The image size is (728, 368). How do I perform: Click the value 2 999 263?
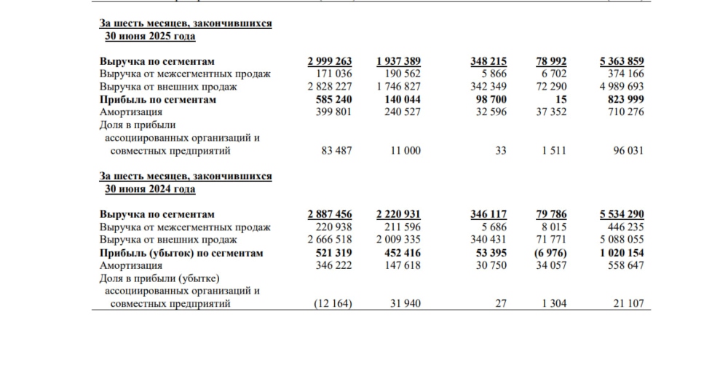(x=330, y=61)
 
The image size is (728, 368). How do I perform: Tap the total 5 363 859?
(x=621, y=61)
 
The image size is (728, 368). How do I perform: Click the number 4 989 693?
(x=621, y=87)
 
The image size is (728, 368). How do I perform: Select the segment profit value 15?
(x=561, y=99)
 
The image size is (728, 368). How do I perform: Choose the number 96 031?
(x=628, y=151)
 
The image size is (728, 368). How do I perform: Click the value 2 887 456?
(x=330, y=214)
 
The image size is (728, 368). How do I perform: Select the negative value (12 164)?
(x=332, y=304)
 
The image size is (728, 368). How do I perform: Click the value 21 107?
(x=628, y=304)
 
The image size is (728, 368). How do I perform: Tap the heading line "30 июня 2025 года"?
(x=151, y=36)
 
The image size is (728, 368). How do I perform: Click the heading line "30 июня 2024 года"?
(x=151, y=189)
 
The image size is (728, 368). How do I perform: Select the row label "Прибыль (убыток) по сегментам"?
(x=181, y=253)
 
